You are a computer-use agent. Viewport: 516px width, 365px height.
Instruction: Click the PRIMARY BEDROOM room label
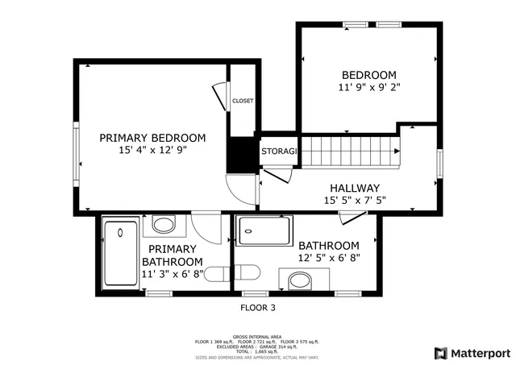pos(152,138)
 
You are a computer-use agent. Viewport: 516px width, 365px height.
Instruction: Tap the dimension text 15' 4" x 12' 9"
pos(152,150)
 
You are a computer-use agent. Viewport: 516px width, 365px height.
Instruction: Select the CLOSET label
pos(243,101)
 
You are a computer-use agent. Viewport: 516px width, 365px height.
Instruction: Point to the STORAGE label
pos(280,151)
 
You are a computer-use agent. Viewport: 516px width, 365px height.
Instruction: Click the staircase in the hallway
pos(351,150)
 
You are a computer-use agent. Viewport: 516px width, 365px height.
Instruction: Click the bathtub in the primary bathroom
pos(121,253)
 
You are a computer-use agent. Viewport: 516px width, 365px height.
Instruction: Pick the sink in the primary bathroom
pos(164,224)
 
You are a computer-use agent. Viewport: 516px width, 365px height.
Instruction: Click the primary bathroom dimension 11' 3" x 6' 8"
pos(172,274)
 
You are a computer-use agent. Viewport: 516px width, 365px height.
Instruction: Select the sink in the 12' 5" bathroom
pos(300,280)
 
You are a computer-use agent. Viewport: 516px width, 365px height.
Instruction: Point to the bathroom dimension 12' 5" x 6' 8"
pos(328,258)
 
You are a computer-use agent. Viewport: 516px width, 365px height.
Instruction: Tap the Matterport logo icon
pos(439,353)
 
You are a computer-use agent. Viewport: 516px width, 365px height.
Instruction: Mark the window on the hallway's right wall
pos(440,164)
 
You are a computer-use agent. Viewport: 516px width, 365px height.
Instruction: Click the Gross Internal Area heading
pos(257,336)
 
